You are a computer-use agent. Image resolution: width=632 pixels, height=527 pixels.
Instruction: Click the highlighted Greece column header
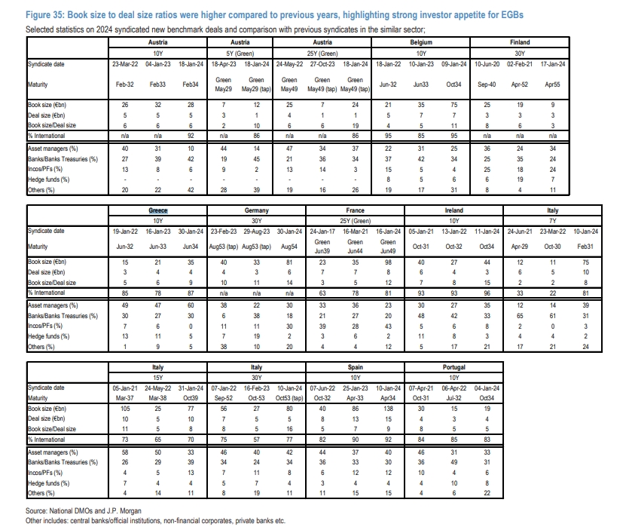click(158, 210)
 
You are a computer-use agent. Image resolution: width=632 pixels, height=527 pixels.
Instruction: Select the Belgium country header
click(421, 42)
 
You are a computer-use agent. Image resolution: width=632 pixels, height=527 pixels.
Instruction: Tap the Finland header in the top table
click(520, 42)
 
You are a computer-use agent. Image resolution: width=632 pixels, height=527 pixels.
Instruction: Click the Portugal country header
click(454, 367)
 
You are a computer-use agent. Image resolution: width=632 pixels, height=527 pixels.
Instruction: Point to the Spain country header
click(355, 367)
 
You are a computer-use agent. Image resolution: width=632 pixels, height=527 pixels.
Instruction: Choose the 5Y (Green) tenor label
click(240, 54)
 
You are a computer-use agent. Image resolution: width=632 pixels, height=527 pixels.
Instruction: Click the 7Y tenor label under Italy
click(553, 221)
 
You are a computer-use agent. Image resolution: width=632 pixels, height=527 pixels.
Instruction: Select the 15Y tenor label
click(158, 378)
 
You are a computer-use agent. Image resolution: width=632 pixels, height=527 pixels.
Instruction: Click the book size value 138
click(388, 409)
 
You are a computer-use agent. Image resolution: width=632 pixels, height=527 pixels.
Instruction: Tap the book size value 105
click(125, 409)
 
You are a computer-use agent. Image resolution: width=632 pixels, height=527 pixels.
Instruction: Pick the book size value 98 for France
click(388, 262)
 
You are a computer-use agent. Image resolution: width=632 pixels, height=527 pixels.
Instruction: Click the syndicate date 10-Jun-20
click(487, 64)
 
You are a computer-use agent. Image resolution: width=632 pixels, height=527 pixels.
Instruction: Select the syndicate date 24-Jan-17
click(322, 231)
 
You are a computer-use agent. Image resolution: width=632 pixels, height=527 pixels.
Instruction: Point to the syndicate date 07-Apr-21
click(421, 388)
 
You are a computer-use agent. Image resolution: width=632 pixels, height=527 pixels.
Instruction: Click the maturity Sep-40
click(487, 84)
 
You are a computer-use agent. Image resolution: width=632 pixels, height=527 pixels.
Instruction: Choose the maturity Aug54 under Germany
click(289, 247)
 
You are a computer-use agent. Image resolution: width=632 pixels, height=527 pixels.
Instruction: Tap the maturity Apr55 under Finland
click(553, 84)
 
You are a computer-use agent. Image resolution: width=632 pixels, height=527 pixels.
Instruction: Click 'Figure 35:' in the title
click(44, 15)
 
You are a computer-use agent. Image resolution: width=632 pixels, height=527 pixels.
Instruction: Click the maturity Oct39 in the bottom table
click(191, 398)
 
